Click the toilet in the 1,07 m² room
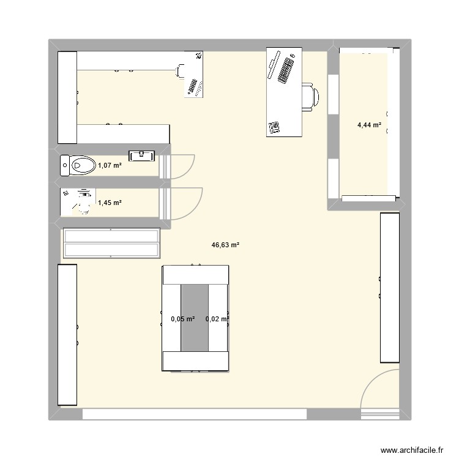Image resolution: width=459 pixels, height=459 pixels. (x=78, y=165)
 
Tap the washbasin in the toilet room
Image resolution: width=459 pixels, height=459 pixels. (x=143, y=155)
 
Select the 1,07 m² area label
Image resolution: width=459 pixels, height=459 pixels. (x=110, y=165)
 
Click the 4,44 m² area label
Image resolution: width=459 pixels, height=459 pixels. (x=370, y=125)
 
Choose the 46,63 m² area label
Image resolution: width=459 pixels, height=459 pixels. (x=225, y=245)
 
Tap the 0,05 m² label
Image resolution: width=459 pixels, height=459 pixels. (x=182, y=319)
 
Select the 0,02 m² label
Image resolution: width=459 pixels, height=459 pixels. (x=217, y=319)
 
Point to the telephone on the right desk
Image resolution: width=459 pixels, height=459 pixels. (x=274, y=128)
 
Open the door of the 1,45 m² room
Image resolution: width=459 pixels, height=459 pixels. (x=185, y=203)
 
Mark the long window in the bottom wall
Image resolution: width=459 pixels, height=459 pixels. (x=194, y=414)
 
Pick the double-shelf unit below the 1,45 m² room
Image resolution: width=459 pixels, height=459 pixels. (x=111, y=243)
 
